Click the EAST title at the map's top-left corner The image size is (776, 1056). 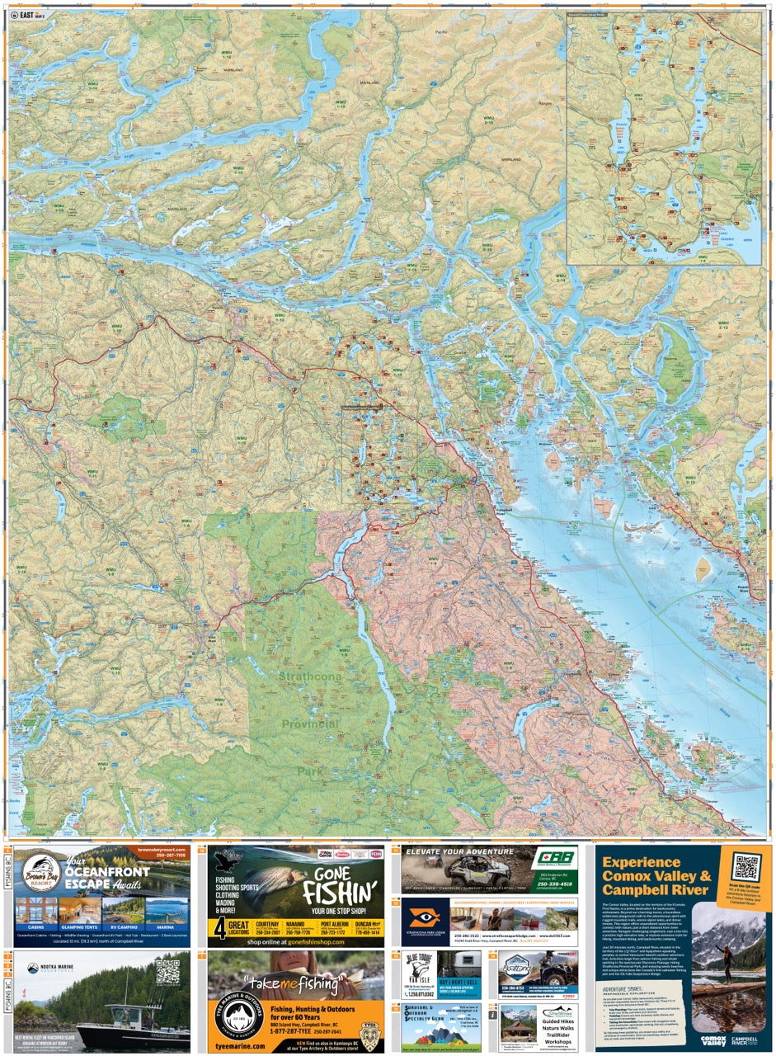26,14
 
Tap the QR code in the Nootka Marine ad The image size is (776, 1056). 168,971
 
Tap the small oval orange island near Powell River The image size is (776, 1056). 703,566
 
